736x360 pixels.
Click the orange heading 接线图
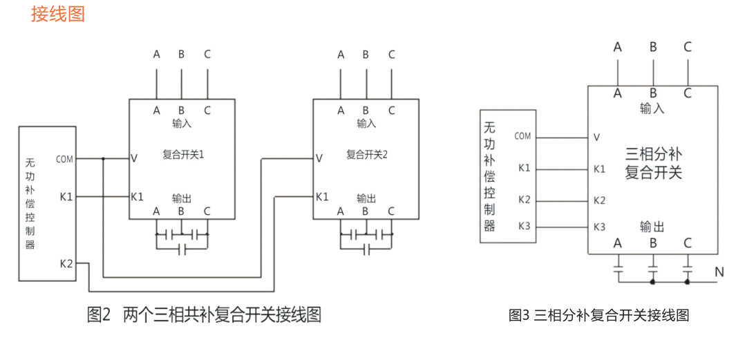(x=58, y=14)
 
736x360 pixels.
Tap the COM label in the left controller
(x=64, y=159)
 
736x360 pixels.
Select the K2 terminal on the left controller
(x=66, y=263)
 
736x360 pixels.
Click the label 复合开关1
(x=183, y=155)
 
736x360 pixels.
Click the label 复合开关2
(x=367, y=155)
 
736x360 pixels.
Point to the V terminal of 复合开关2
(x=319, y=159)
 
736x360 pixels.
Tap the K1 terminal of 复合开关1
(x=137, y=197)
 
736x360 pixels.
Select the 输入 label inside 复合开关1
(x=182, y=124)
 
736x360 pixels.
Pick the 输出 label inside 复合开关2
(x=366, y=198)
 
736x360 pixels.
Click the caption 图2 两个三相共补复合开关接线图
(x=204, y=315)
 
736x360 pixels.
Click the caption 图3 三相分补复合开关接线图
(x=598, y=316)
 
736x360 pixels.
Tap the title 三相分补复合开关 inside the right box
(x=653, y=163)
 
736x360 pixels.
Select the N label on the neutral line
(x=719, y=272)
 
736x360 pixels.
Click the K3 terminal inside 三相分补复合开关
(x=599, y=227)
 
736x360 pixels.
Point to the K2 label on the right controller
(x=525, y=200)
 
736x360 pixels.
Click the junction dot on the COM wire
(x=103, y=159)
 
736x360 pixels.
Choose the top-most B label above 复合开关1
(x=181, y=55)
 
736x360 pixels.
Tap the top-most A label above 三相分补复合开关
(x=618, y=47)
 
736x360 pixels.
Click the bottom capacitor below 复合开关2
(x=367, y=247)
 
